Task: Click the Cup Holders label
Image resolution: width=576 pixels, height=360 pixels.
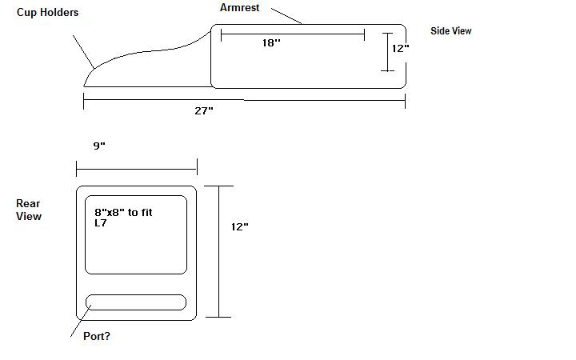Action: (47, 13)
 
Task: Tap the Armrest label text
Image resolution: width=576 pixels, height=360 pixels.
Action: (239, 8)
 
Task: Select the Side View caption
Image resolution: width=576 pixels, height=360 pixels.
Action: (450, 31)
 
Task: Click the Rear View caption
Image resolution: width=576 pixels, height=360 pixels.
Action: (29, 210)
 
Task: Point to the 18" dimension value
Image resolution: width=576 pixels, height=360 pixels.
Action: (271, 43)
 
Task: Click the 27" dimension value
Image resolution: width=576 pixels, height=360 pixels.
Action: (204, 110)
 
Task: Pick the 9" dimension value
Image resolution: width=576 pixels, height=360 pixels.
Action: (99, 146)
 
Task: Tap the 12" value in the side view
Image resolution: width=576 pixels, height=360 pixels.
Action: (401, 49)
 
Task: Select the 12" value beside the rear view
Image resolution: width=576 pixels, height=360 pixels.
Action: (239, 226)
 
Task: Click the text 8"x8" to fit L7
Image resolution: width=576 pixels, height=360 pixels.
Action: (123, 218)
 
